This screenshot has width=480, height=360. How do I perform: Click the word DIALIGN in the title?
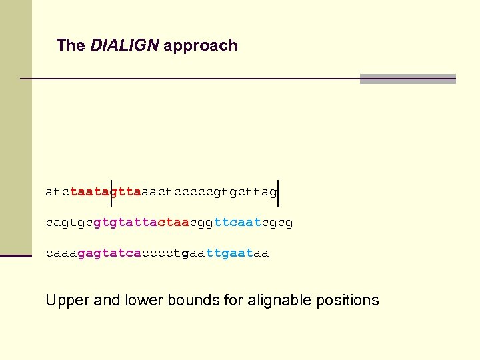click(125, 45)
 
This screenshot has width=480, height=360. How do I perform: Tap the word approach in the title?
click(200, 46)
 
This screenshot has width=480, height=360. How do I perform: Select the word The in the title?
click(71, 45)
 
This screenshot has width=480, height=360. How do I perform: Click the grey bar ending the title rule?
click(407, 79)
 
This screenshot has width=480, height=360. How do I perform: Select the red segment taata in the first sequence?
click(89, 193)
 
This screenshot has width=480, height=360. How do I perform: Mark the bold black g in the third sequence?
click(185, 254)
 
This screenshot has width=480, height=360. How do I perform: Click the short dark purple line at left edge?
click(16, 255)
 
